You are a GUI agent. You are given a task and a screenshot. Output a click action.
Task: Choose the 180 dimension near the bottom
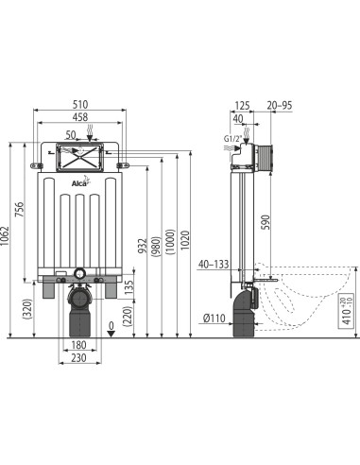(82, 344)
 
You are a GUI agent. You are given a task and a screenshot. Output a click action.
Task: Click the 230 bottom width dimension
(82, 357)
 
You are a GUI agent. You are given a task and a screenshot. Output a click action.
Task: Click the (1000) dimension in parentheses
(169, 241)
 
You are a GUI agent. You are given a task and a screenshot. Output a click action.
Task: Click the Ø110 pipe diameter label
(216, 317)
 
